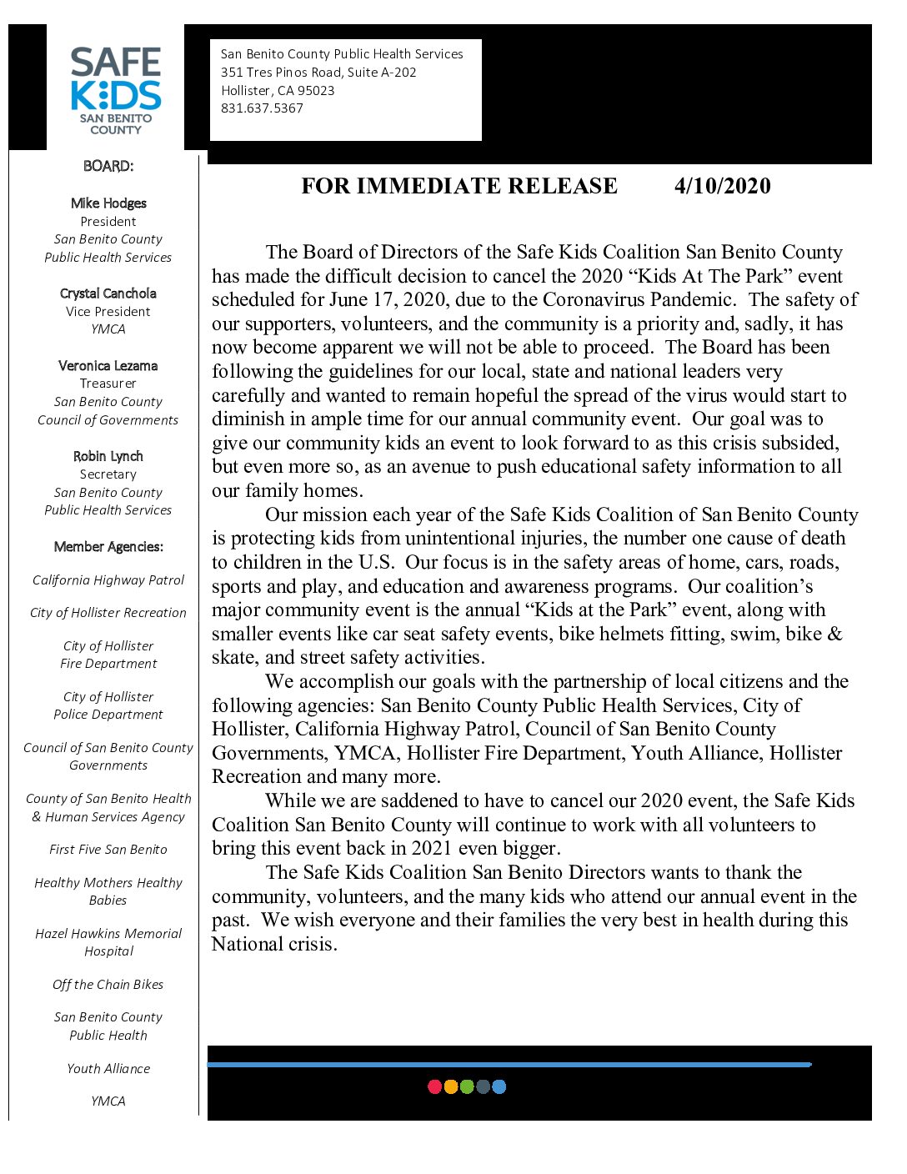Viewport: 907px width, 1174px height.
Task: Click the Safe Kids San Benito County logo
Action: click(x=116, y=90)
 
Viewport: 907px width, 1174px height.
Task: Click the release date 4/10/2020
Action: click(x=722, y=186)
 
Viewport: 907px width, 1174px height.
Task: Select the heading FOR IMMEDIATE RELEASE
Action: click(x=459, y=186)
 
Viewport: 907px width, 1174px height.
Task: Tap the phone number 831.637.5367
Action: click(x=262, y=108)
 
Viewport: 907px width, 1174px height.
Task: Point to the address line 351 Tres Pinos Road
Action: click(x=318, y=73)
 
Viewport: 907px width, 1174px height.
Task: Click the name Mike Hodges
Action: click(x=108, y=203)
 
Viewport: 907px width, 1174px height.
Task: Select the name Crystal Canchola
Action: click(x=108, y=293)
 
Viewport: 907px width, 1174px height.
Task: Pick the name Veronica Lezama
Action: click(x=108, y=366)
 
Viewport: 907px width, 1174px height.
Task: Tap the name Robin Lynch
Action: click(x=108, y=456)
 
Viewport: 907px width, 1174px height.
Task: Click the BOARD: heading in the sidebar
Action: click(x=108, y=166)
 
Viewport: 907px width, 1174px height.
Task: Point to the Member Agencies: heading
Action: click(x=108, y=547)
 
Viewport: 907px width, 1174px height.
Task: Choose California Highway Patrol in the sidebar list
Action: click(x=108, y=580)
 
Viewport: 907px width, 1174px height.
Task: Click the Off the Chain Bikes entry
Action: click(x=108, y=985)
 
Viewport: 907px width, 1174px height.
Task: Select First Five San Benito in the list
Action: click(x=108, y=850)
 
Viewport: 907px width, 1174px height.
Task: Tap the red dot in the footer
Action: click(x=434, y=1086)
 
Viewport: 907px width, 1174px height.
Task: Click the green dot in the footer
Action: click(x=467, y=1086)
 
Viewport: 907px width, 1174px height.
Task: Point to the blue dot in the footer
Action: click(x=499, y=1086)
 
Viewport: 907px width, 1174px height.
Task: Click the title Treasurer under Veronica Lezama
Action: click(x=108, y=384)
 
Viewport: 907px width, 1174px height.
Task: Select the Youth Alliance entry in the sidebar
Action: click(x=108, y=1069)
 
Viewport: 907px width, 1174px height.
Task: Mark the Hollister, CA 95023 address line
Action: click(x=278, y=91)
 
